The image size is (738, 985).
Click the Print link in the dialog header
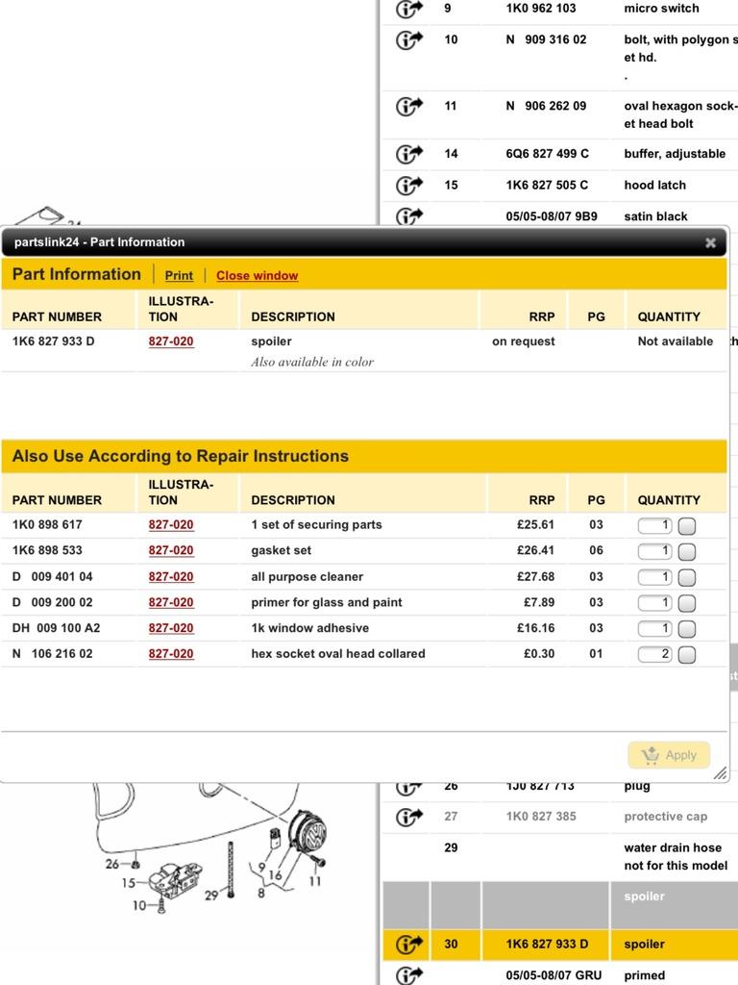pyautogui.click(x=179, y=275)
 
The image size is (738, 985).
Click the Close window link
pyautogui.click(x=257, y=275)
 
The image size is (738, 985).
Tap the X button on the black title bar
pyautogui.click(x=710, y=242)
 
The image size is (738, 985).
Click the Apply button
pyautogui.click(x=670, y=755)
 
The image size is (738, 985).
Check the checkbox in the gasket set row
pyautogui.click(x=687, y=551)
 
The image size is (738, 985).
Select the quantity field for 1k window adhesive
pyautogui.click(x=654, y=628)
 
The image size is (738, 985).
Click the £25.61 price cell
pyautogui.click(x=535, y=525)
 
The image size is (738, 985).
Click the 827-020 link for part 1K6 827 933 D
pyautogui.click(x=171, y=341)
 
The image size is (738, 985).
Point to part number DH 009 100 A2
pyautogui.click(x=56, y=628)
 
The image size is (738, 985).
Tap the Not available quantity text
pyautogui.click(x=675, y=341)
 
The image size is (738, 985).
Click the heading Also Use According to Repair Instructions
pyautogui.click(x=181, y=456)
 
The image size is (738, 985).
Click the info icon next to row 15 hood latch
pyautogui.click(x=409, y=185)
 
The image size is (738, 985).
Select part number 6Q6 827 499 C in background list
pyautogui.click(x=547, y=154)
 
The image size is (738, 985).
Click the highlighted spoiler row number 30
pyautogui.click(x=451, y=945)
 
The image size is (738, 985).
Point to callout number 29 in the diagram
pyautogui.click(x=210, y=894)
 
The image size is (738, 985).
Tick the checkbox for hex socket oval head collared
pyautogui.click(x=687, y=655)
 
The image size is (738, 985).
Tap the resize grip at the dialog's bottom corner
pyautogui.click(x=720, y=772)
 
